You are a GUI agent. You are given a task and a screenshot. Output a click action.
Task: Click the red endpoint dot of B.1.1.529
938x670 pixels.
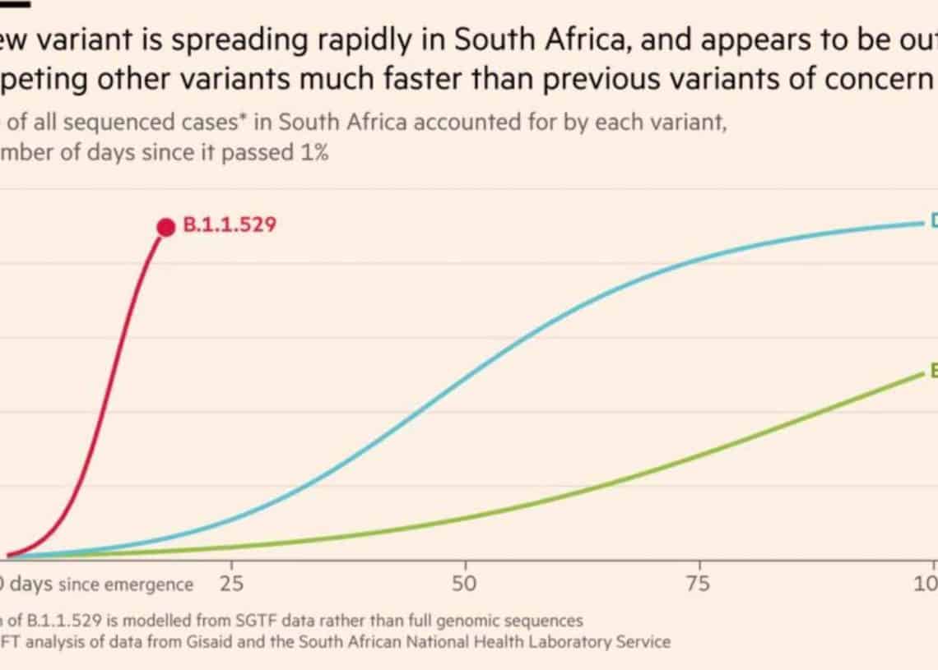(x=166, y=227)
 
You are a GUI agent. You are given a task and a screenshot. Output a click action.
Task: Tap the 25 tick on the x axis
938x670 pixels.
(x=232, y=584)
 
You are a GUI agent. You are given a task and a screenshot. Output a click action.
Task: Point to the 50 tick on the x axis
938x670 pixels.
(x=466, y=584)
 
